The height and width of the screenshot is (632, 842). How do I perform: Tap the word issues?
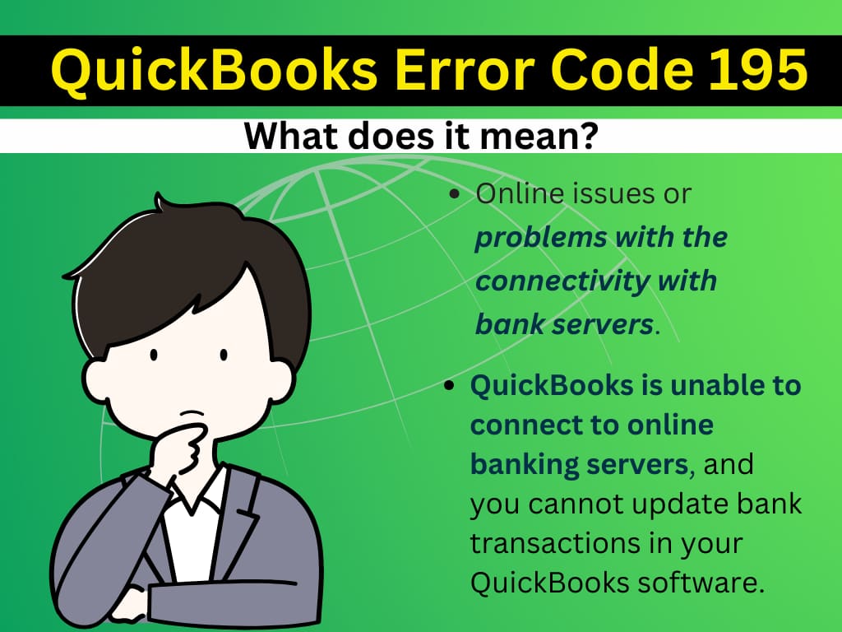[x=615, y=195]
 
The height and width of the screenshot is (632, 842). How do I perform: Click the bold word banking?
[x=522, y=465]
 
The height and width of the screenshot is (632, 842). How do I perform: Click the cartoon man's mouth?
[x=192, y=411]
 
